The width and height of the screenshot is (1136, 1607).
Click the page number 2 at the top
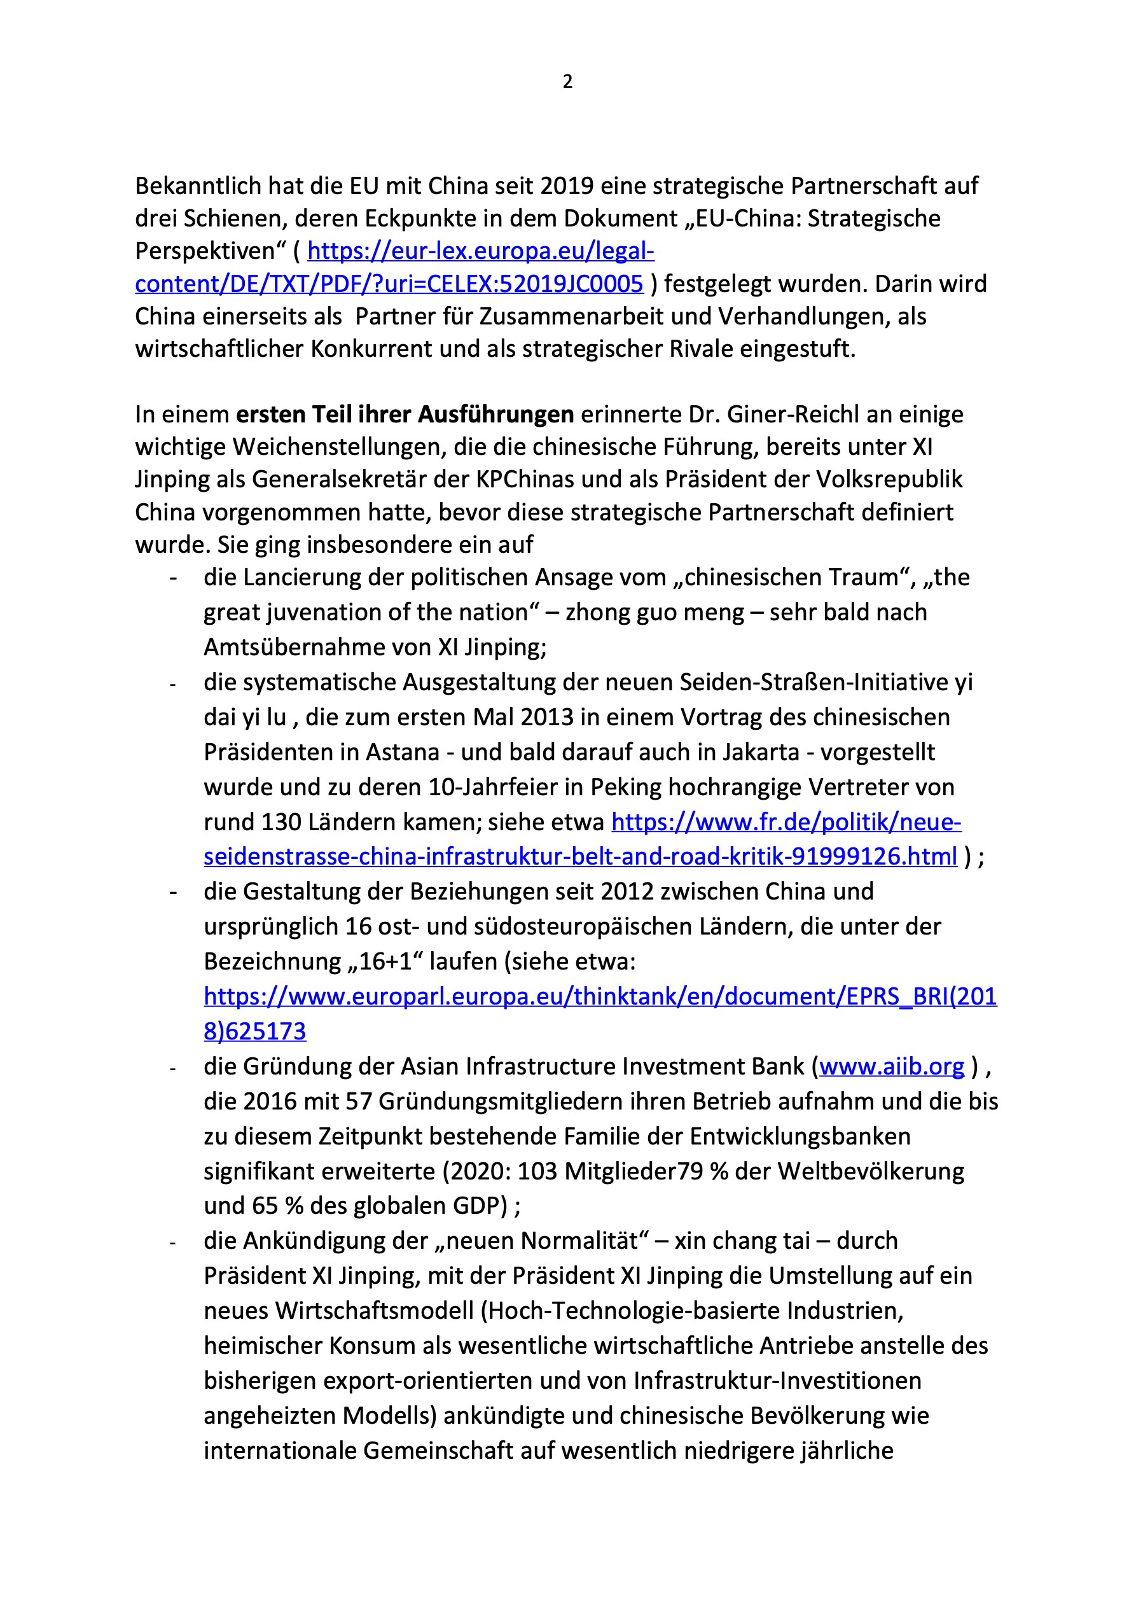(x=567, y=82)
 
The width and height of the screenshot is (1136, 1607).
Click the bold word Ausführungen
(x=495, y=414)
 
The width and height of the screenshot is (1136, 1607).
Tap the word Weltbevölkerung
(x=871, y=1171)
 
